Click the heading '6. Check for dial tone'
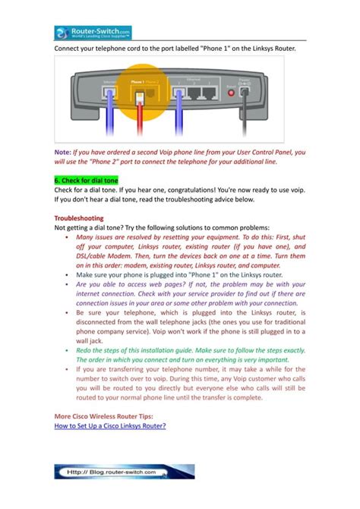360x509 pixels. [x=86, y=180]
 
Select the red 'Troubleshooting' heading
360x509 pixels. [x=79, y=217]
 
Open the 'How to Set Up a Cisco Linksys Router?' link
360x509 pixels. [x=109, y=426]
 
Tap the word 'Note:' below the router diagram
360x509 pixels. [x=62, y=151]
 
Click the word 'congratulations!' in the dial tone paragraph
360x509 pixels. [x=188, y=190]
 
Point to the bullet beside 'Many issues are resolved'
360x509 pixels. [x=68, y=237]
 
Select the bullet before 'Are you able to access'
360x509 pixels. [x=68, y=283]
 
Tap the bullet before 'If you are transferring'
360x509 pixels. [x=68, y=368]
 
